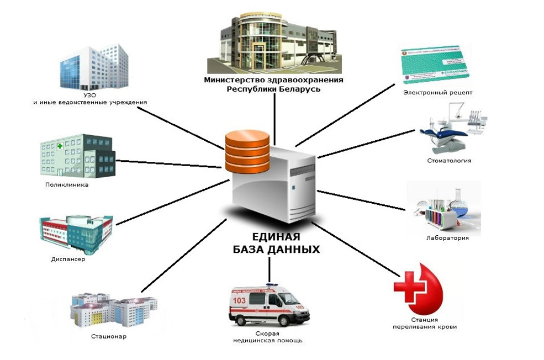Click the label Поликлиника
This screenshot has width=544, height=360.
coord(67,186)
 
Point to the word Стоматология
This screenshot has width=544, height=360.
coord(448,161)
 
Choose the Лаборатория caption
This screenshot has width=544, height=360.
coord(448,238)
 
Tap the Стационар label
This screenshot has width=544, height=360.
coord(109,336)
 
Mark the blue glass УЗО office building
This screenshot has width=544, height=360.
coord(94,69)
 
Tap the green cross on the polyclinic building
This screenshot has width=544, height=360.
coord(60,146)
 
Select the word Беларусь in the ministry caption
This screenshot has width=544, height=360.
coord(299,89)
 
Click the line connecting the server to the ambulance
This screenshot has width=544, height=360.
coord(269,269)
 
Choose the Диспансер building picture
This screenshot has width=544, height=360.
coord(76,232)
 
